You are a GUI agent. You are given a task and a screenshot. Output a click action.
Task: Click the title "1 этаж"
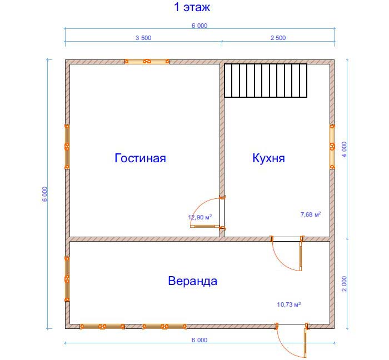tap(192, 7)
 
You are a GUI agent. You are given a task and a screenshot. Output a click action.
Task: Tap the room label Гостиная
tap(140, 158)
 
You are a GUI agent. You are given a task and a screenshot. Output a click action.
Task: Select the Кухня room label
tap(268, 158)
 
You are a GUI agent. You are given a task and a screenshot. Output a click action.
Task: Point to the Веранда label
tap(192, 281)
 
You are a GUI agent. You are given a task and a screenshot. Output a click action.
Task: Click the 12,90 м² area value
tap(200, 217)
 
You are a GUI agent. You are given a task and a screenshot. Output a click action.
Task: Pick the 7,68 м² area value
tap(311, 214)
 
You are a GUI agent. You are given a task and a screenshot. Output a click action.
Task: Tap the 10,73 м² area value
tap(289, 304)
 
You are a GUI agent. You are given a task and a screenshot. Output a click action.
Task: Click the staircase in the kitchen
tap(266, 81)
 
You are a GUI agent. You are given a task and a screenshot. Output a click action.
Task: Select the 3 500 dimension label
tap(143, 38)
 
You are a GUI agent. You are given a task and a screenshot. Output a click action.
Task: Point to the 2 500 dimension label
tap(278, 38)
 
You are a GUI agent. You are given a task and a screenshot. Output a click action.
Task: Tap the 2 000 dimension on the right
tap(345, 284)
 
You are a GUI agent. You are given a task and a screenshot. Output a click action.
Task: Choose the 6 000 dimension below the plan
tap(200, 340)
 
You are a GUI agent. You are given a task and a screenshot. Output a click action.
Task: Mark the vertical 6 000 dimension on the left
tap(44, 194)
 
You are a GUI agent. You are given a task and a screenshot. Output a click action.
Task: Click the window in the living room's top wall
tap(147, 61)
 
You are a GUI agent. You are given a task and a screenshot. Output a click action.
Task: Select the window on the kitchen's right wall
tap(332, 147)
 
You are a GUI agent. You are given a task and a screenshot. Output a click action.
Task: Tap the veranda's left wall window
tap(67, 279)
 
